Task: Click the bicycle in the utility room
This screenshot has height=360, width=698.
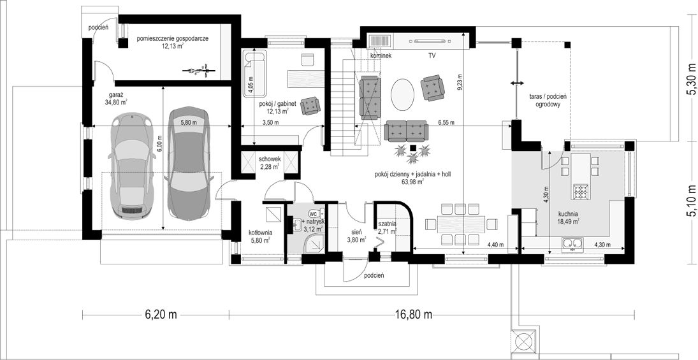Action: pos(198,70)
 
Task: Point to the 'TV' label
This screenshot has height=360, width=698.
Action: pos(432,56)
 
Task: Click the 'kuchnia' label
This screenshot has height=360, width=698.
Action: pos(567,213)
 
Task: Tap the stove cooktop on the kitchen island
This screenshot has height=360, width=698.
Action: pos(581,190)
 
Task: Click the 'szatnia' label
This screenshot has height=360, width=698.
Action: pos(387,224)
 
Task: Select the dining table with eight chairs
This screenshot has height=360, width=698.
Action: pos(458,224)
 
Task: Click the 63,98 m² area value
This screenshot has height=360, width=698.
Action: pos(412,181)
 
